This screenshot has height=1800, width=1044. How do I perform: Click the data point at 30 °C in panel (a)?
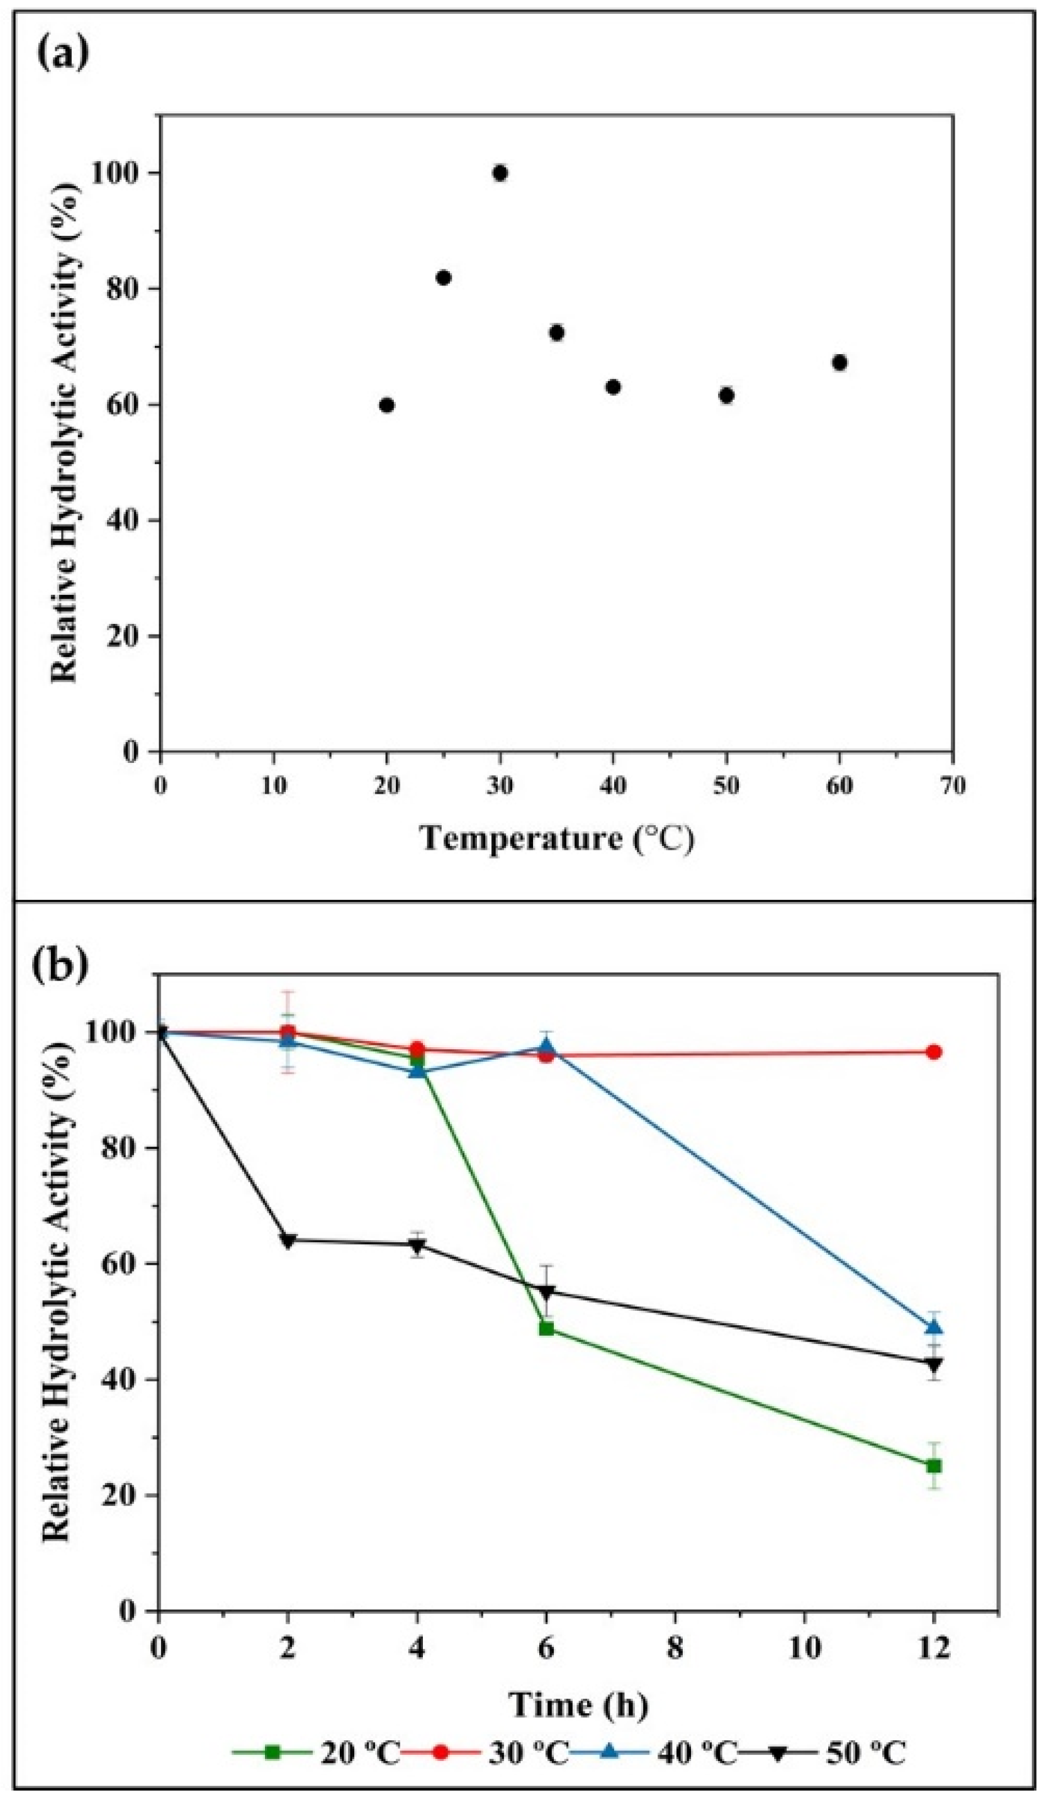coord(500,173)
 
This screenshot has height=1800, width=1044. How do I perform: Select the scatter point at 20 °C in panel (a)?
coord(386,405)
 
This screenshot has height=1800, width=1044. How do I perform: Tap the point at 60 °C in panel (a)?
coord(839,362)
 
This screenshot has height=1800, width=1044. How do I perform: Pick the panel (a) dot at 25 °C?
coord(443,277)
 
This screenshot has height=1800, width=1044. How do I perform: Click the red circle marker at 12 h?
coord(933,1052)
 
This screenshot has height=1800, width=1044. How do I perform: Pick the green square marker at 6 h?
coord(546,1328)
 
